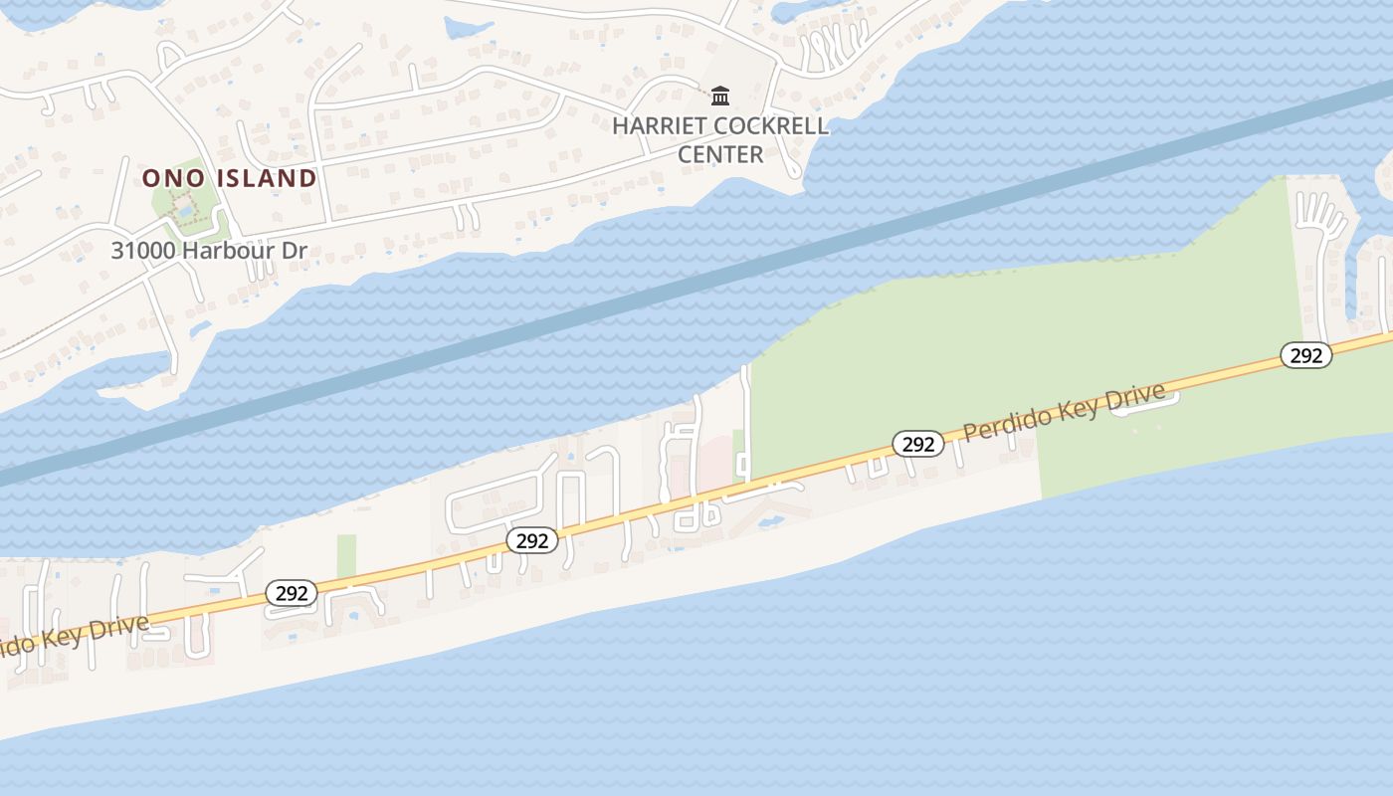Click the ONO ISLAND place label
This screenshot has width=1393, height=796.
[x=229, y=178]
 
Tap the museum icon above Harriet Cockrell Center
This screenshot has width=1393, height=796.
[x=720, y=96]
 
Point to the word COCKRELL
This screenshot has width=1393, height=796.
[x=772, y=126]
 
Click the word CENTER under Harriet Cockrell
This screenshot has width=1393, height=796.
[x=720, y=154]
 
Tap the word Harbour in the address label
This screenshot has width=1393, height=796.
[x=230, y=251]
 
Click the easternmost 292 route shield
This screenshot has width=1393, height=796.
[x=1305, y=355]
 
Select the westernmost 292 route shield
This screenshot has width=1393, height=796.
[x=291, y=593]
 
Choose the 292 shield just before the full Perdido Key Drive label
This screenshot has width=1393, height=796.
[x=917, y=444]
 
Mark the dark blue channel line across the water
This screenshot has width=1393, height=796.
[x=696, y=282]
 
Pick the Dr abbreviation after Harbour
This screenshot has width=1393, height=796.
[x=294, y=251]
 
